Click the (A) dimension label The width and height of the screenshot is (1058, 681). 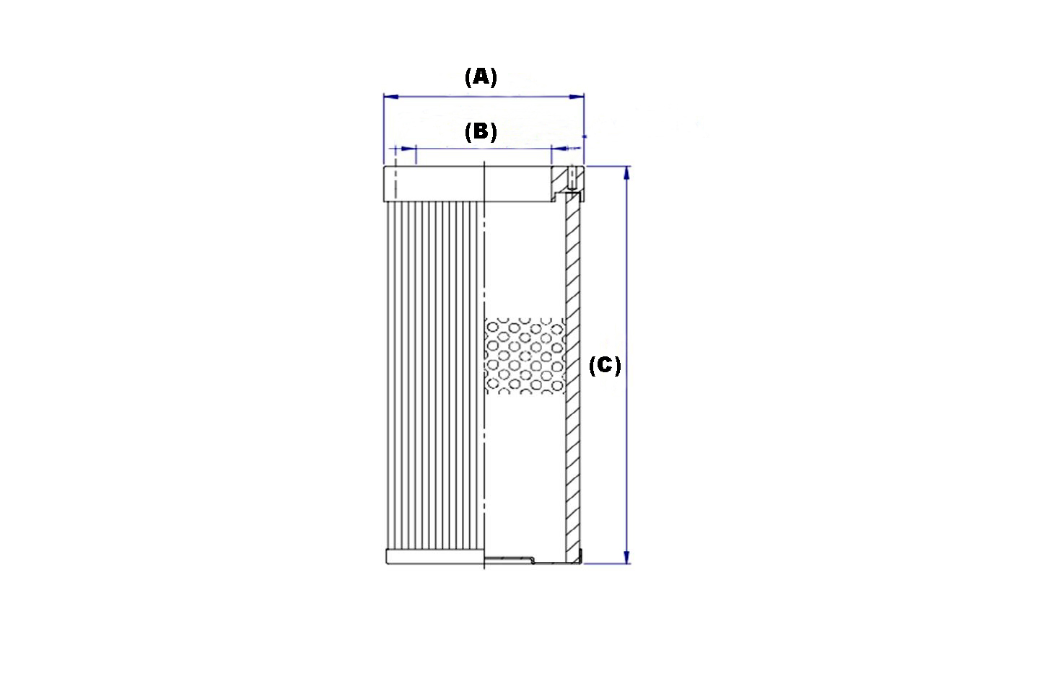point(481,77)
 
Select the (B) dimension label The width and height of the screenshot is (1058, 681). point(481,132)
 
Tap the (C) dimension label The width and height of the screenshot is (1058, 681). point(605,366)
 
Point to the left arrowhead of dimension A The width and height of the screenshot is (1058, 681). point(391,97)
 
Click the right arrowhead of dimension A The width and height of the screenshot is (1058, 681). point(577,97)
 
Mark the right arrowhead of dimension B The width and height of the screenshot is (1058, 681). point(559,149)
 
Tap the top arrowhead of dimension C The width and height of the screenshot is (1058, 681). point(626,174)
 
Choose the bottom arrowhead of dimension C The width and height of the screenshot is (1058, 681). point(626,556)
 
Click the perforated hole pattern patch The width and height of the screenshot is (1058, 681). point(525,356)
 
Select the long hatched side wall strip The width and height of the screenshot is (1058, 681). point(573,377)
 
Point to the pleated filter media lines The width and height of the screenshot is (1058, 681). point(435,376)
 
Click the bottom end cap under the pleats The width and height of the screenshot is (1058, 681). point(435,557)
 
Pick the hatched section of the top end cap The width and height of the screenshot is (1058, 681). point(568,180)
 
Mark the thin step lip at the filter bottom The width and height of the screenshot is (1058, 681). point(510,560)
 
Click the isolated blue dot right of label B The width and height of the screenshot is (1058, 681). point(585,136)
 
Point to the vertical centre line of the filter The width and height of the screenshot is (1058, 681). point(484,364)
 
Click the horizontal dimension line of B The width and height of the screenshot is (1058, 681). point(484,149)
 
